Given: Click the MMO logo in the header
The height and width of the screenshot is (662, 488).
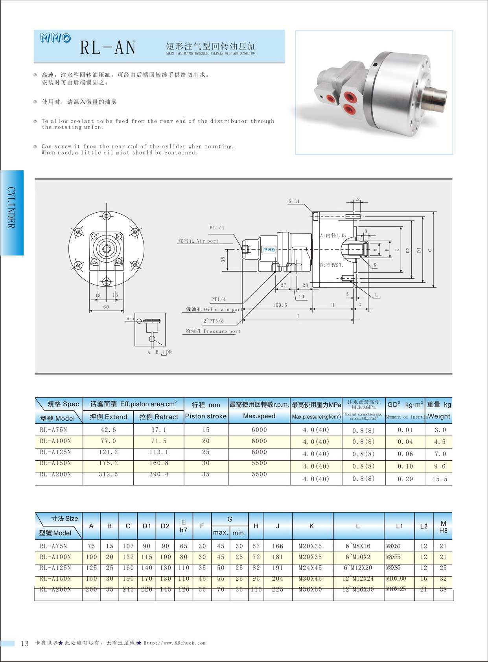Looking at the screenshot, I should pos(55,38).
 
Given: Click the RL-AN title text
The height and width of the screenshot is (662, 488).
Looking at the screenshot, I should pos(108,48).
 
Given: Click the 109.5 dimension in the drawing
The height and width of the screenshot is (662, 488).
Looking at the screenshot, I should pos(280,305).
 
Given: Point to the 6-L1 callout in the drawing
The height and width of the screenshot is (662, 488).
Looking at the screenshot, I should pos(294,201).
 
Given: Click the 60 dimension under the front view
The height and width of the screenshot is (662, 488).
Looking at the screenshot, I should pos(106,307).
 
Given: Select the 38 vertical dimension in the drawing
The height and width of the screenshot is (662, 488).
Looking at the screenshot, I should pos(223,259).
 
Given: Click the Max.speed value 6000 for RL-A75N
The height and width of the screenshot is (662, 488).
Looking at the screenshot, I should pos(259,430).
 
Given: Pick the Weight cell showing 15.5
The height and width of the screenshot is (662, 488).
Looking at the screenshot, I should pos(440,479).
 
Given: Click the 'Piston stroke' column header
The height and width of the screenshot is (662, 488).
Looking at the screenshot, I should pos(206,416).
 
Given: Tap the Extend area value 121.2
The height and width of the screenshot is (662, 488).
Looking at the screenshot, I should pos(108,452).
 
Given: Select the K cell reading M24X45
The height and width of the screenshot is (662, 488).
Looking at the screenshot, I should pos(310,568).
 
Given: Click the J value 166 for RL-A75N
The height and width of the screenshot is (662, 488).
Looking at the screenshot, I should pos(278,546).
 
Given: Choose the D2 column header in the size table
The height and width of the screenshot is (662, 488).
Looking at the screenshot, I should pos(165,526).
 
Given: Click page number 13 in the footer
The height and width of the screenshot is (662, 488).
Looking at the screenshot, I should pos(24,644).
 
